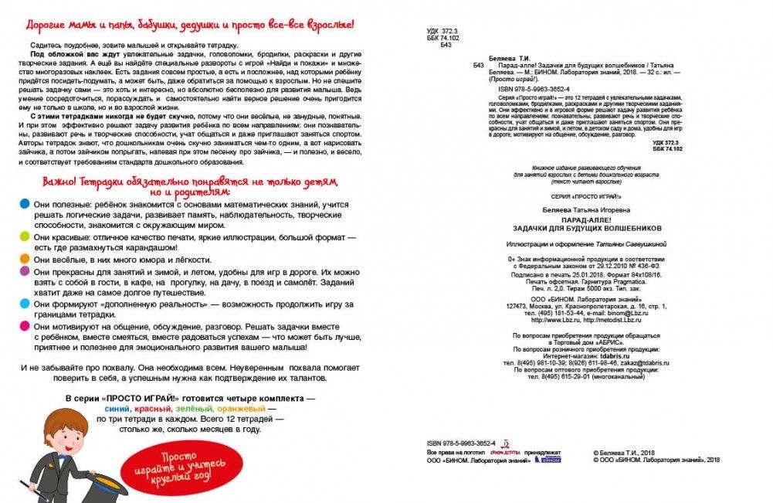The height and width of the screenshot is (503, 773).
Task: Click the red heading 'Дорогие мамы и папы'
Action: [x=190, y=25]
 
